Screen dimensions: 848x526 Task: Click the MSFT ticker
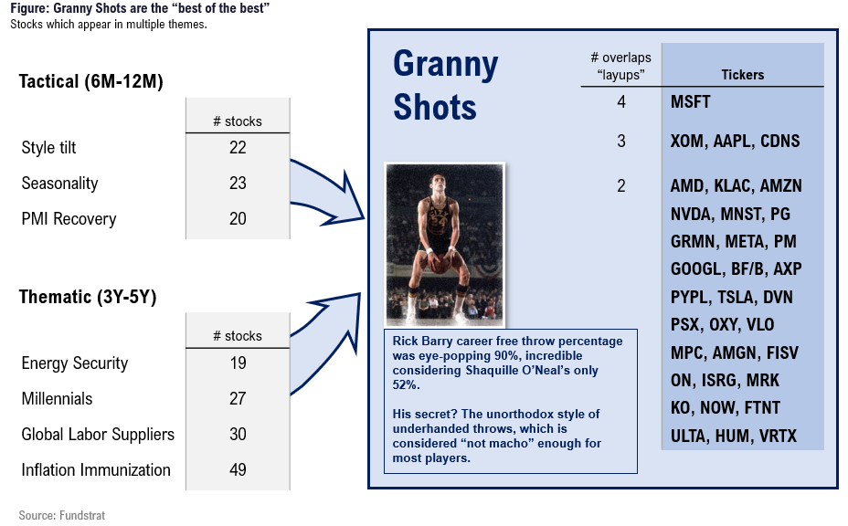690,101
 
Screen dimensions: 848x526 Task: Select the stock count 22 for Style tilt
238,148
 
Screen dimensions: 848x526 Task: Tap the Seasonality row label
59,184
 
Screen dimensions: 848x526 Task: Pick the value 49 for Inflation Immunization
238,469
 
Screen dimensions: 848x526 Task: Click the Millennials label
57,399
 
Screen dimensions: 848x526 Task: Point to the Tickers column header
743,75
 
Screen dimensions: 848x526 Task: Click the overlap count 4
621,101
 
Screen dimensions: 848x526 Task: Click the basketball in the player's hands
440,264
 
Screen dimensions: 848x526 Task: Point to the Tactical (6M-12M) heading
90,81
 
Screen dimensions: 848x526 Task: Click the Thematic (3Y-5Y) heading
88,297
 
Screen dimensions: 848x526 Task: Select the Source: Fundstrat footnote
61,515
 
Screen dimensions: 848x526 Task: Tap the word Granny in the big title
446,65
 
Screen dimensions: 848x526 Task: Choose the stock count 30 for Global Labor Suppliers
238,434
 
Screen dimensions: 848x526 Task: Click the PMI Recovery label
69,219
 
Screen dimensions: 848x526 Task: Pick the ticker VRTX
778,437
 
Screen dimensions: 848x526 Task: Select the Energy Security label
75,363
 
